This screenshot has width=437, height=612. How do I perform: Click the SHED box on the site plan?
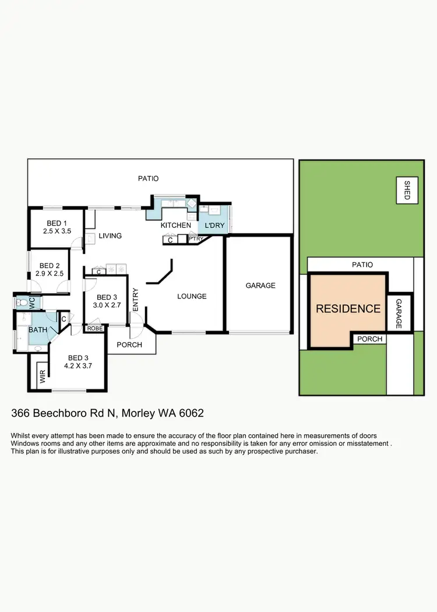pyautogui.click(x=407, y=189)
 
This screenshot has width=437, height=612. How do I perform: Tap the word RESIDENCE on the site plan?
pyautogui.click(x=348, y=309)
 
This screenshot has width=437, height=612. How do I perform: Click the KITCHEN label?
pyautogui.click(x=175, y=226)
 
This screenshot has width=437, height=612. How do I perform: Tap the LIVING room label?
pyautogui.click(x=110, y=236)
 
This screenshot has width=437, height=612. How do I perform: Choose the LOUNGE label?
pyautogui.click(x=192, y=296)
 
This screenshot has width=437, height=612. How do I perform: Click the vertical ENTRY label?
pyautogui.click(x=135, y=299)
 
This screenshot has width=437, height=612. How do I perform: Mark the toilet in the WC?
pyautogui.click(x=22, y=303)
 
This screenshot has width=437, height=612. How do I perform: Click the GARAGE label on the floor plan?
pyautogui.click(x=260, y=286)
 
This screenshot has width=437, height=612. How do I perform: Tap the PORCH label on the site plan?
pyautogui.click(x=369, y=339)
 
